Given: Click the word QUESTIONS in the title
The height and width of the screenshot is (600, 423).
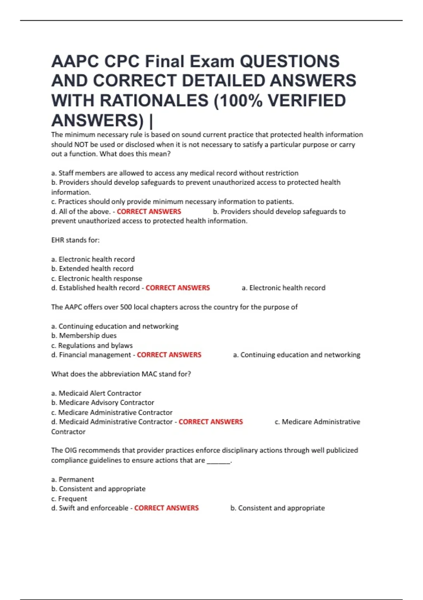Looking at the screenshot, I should click(290, 61).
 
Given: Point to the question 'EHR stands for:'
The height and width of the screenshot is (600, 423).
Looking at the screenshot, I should click(75, 240).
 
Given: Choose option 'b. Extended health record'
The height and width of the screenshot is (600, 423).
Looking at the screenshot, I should click(92, 269).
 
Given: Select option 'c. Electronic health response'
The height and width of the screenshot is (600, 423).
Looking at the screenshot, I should click(97, 278).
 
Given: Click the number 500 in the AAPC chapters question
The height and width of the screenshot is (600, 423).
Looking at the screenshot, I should click(126, 307).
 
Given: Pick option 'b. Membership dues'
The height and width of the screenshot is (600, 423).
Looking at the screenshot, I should click(84, 336).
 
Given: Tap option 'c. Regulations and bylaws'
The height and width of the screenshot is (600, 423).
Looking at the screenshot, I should click(92, 346).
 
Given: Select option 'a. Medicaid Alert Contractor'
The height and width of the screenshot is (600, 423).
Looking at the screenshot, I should click(96, 393).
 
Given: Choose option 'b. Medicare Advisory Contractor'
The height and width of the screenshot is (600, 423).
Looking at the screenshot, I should click(103, 403).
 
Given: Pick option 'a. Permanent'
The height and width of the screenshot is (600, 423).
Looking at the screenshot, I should click(73, 479).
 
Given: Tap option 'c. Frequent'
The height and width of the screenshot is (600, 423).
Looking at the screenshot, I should click(69, 499).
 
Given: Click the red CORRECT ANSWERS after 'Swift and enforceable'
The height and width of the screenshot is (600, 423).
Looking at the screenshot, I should click(166, 508).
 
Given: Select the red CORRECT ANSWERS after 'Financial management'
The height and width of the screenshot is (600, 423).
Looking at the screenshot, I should click(169, 355).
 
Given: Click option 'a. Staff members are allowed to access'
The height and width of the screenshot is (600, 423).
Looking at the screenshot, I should click(175, 173).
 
